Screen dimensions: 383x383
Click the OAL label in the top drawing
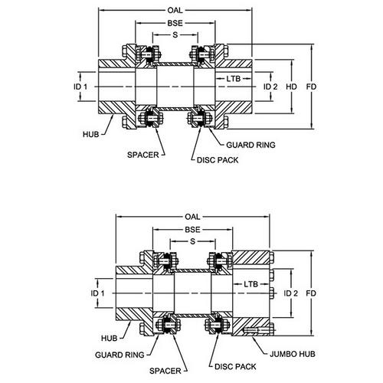pos(175,11)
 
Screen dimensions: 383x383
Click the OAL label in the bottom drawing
pos(192,217)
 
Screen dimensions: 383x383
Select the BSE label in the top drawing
pos(175,23)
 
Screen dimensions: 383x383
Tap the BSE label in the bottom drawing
pos(192,230)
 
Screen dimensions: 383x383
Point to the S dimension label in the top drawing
pos(175,34)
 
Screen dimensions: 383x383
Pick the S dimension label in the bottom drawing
pos(193,241)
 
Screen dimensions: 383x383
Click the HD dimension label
pos(291,87)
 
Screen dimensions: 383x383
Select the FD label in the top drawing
pos(311,87)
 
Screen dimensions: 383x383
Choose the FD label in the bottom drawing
pos(311,293)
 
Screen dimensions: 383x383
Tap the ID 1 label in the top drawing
pos(80,87)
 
